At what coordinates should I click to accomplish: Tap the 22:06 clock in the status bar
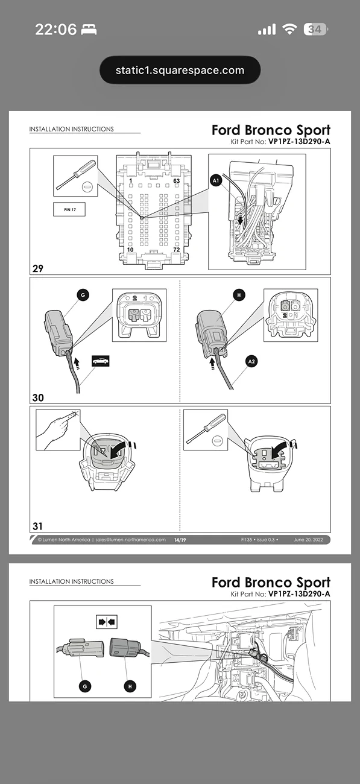[x=55, y=29]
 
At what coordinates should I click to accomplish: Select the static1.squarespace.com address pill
[x=180, y=70]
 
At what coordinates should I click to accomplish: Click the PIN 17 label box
[x=69, y=209]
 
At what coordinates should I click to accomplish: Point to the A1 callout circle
[x=217, y=179]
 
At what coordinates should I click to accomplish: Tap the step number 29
[x=38, y=268]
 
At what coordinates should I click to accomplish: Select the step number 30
[x=38, y=397]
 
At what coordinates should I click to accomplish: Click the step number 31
[x=38, y=526]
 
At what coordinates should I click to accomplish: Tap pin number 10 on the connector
[x=130, y=249]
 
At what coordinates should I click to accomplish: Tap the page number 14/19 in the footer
[x=180, y=540]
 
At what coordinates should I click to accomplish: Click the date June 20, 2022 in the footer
[x=309, y=540]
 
